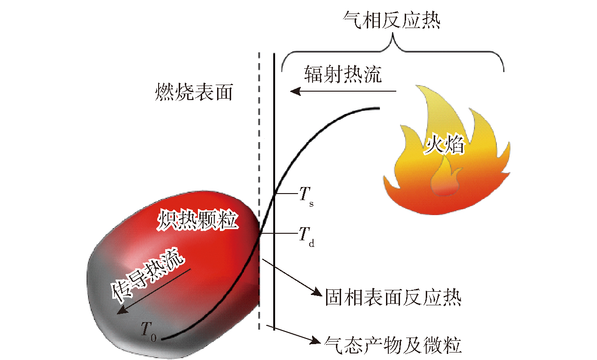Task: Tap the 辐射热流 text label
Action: click(342, 74)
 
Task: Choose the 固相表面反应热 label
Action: click(393, 298)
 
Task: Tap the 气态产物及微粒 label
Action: click(393, 345)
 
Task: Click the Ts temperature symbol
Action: click(307, 194)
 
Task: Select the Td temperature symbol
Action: click(306, 235)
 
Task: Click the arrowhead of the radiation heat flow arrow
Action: click(293, 91)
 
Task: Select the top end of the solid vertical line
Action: click(274, 54)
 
